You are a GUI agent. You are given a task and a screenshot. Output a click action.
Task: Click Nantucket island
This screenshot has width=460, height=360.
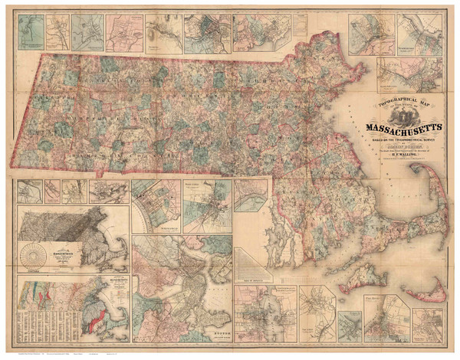(429, 290)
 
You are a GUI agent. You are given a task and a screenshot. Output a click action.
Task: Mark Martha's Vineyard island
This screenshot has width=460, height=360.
(360, 276)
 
